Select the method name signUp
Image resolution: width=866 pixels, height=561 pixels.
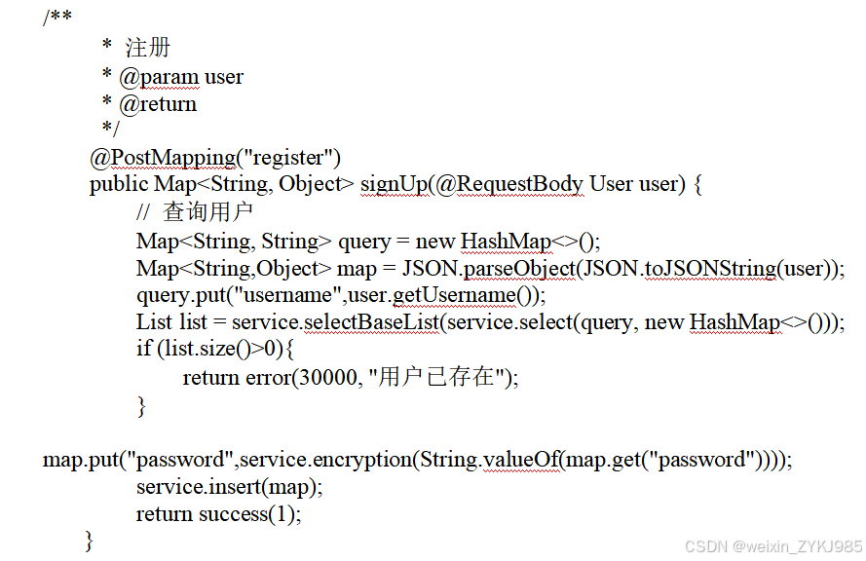coord(392,184)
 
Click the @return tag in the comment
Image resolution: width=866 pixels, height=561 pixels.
coord(158,104)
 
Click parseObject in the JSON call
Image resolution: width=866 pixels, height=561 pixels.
coord(520,269)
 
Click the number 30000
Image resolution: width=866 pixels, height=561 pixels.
coord(326,378)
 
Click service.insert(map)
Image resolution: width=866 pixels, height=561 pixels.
coord(228,486)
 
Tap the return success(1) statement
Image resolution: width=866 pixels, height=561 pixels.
coord(218,513)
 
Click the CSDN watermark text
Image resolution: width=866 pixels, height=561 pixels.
coord(773,546)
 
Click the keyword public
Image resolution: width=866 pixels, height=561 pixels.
coord(120,184)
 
